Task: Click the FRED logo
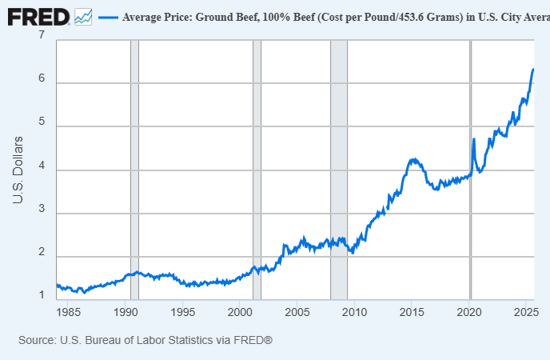click(x=38, y=17)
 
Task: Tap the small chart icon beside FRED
click(x=83, y=17)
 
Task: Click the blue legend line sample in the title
click(x=108, y=17)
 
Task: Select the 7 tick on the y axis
click(x=42, y=34)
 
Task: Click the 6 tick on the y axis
click(x=42, y=78)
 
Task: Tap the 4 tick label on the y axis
click(x=42, y=165)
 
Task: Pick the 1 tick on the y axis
click(x=42, y=294)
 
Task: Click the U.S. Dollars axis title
click(x=18, y=170)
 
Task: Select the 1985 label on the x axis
click(x=69, y=312)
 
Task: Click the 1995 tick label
click(x=183, y=312)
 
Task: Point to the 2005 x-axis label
click(x=297, y=312)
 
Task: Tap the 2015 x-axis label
click(x=412, y=312)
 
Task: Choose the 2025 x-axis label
click(x=526, y=312)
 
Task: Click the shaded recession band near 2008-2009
click(x=339, y=170)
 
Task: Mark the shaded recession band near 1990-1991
click(x=134, y=170)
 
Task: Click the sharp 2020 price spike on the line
click(x=474, y=139)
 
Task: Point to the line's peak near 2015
click(x=414, y=160)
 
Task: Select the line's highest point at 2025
click(x=533, y=69)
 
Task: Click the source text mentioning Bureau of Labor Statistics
click(x=145, y=340)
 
